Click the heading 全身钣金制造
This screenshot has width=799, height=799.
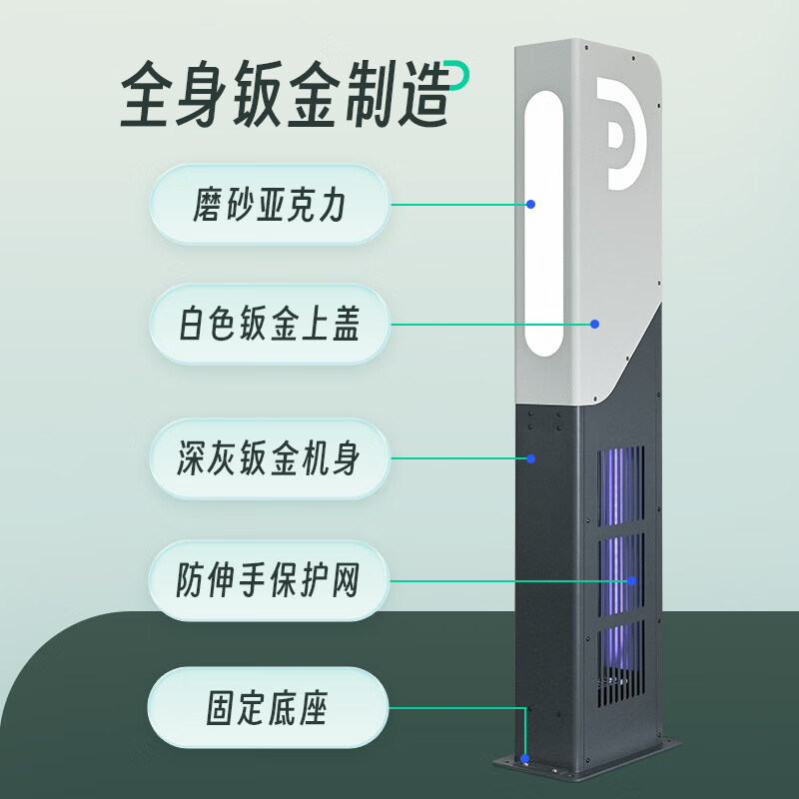pyautogui.click(x=286, y=94)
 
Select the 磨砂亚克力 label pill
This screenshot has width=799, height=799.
pyautogui.click(x=268, y=205)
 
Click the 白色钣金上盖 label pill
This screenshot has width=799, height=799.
pyautogui.click(x=268, y=324)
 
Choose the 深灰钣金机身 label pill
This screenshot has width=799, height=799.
pyautogui.click(x=268, y=459)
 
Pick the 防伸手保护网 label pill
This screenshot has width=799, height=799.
pyautogui.click(x=268, y=580)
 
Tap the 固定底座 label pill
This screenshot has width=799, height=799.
pyautogui.click(x=268, y=708)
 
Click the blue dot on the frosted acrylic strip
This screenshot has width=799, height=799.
pyautogui.click(x=531, y=205)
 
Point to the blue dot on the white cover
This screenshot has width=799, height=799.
pyautogui.click(x=594, y=324)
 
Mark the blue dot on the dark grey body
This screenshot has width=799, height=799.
pyautogui.click(x=531, y=459)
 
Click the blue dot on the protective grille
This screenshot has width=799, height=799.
pyautogui.click(x=631, y=580)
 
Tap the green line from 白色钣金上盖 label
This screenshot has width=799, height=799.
pyautogui.click(x=489, y=324)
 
